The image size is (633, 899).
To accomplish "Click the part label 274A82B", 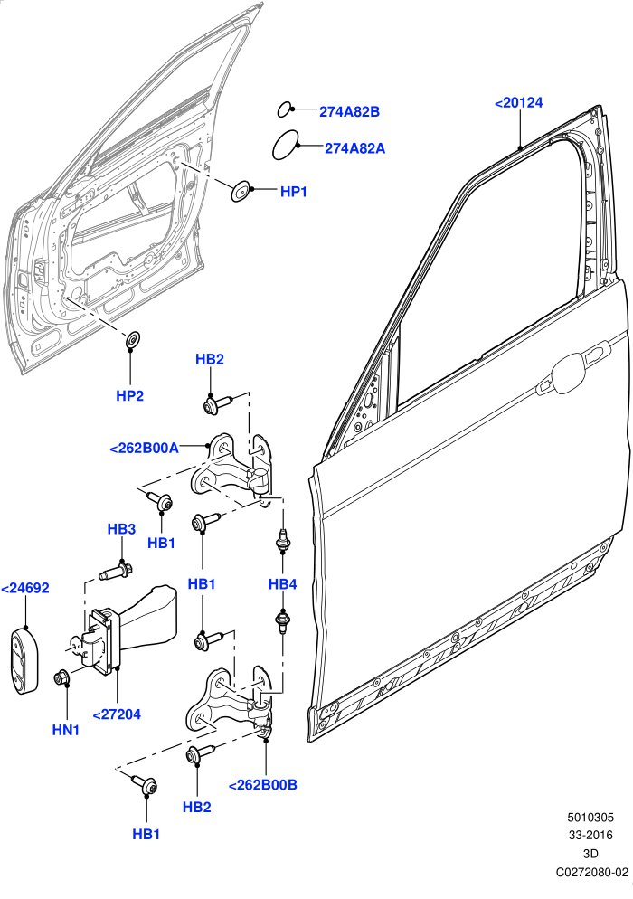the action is [x=349, y=112].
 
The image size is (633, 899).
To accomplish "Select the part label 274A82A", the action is [x=354, y=148].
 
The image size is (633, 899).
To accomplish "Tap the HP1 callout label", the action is [x=294, y=192].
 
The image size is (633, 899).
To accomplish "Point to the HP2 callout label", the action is [x=130, y=395].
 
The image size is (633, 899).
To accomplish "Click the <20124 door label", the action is [x=518, y=103].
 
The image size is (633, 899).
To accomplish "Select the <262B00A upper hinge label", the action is [x=144, y=449].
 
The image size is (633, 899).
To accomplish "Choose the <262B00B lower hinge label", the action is [x=263, y=785].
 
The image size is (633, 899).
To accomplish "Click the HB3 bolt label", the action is [x=121, y=528].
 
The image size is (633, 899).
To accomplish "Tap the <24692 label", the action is [x=25, y=588].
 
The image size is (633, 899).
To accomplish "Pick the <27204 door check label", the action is [x=117, y=714].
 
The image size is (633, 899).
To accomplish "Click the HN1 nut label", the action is [x=66, y=731].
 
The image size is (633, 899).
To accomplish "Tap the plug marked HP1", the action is [x=241, y=192].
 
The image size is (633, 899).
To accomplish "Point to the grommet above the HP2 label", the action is [x=133, y=339].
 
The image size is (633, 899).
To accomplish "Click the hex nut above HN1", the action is [x=61, y=677].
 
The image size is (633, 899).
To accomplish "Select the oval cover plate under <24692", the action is [x=24, y=658].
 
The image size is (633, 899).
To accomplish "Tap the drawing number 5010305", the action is [x=590, y=817].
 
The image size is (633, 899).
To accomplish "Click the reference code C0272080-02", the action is [x=591, y=872].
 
